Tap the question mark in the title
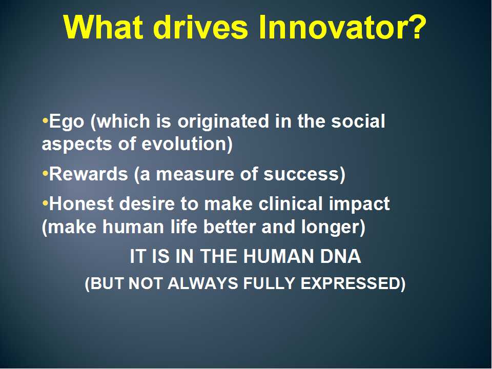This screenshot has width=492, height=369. pyautogui.click(x=416, y=27)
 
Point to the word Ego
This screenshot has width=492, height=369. pyautogui.click(x=67, y=122)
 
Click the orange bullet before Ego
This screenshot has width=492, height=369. pyautogui.click(x=45, y=120)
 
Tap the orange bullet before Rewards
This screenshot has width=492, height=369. pyautogui.click(x=45, y=173)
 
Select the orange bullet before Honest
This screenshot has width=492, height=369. pyautogui.click(x=45, y=203)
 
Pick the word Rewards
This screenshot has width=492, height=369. pyautogui.click(x=89, y=174)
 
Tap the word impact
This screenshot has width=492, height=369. pyautogui.click(x=359, y=205)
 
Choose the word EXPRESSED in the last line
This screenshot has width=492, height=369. pyautogui.click(x=350, y=283)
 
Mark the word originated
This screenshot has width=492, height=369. pyautogui.click(x=223, y=122)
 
